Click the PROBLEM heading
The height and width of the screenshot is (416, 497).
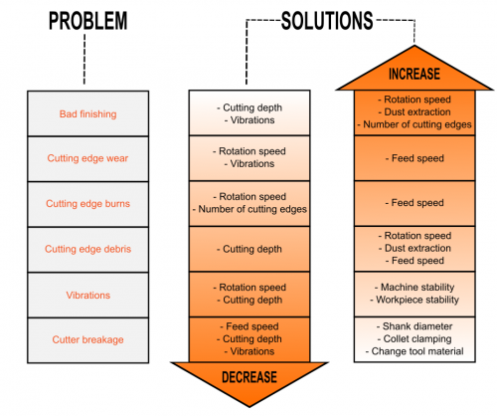(x=87, y=21)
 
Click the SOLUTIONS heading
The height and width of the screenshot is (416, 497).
(x=327, y=21)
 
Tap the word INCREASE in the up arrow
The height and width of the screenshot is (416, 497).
(x=414, y=74)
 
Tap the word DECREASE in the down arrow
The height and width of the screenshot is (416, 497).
(x=249, y=377)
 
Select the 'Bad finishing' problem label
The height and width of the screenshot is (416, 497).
(x=87, y=114)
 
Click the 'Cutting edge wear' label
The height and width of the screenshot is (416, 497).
(x=87, y=158)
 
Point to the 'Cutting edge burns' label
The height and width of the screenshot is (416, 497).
(x=87, y=203)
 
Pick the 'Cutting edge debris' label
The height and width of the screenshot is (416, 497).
(x=87, y=249)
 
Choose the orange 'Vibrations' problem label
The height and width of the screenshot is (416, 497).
(x=87, y=296)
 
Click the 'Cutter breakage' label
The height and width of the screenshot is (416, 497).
(x=87, y=339)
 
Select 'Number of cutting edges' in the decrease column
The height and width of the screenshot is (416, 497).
(x=252, y=209)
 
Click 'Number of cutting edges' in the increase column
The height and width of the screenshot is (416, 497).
(x=417, y=124)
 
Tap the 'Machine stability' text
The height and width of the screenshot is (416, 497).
(x=417, y=287)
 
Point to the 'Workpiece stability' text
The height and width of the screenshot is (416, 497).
(x=417, y=300)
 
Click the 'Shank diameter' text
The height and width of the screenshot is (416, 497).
(x=417, y=326)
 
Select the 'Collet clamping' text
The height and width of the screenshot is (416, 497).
(x=417, y=338)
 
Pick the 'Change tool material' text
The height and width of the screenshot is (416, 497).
(x=417, y=351)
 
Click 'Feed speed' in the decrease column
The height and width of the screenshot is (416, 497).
(x=252, y=326)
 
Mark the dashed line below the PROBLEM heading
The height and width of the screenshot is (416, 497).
(x=84, y=59)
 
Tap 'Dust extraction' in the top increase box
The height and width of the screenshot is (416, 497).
(x=417, y=112)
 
